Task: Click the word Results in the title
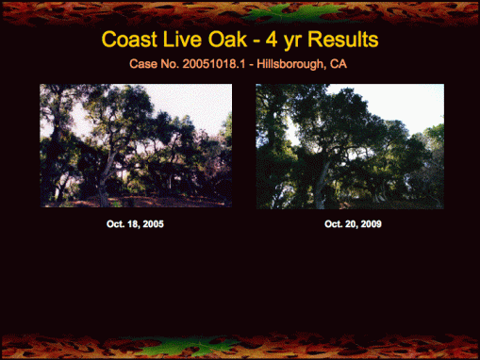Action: [x=346, y=41]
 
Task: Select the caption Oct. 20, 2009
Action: [x=353, y=224]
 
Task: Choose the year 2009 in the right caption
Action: [x=370, y=224]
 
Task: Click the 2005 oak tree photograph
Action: [x=136, y=145]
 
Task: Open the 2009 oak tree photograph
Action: [x=350, y=146]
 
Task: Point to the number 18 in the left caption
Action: [x=131, y=224]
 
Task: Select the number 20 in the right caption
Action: [x=347, y=224]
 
